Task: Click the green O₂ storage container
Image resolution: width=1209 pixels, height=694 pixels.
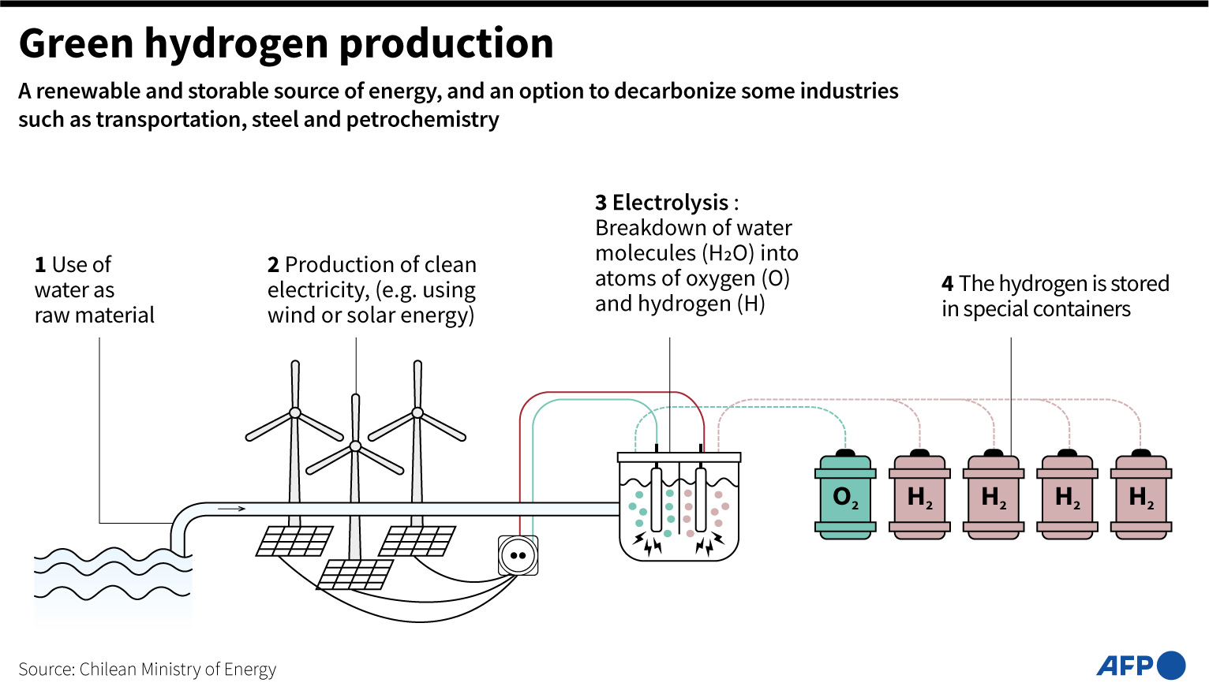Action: click(845, 497)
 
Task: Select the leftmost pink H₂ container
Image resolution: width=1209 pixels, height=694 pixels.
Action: click(919, 497)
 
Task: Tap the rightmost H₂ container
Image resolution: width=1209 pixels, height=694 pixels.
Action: click(1140, 497)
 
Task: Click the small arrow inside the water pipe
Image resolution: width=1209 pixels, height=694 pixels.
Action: click(231, 509)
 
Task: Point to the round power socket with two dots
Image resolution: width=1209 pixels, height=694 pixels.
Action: click(518, 555)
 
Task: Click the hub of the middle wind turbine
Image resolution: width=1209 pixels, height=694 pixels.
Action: click(355, 446)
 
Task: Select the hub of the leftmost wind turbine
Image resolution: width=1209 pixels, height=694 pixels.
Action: click(294, 412)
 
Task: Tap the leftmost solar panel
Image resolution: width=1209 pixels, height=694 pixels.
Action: click(294, 541)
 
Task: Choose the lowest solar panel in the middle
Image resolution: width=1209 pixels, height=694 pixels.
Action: click(354, 575)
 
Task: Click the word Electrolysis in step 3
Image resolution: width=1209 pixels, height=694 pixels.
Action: click(670, 203)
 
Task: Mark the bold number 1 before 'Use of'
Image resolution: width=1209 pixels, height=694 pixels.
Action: click(40, 265)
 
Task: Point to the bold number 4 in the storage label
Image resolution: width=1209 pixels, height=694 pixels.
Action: click(947, 284)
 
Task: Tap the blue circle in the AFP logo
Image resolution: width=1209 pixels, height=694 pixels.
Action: click(1171, 666)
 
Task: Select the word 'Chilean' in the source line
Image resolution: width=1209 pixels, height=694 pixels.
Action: click(108, 670)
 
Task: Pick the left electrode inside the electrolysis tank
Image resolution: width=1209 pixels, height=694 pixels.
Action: click(656, 498)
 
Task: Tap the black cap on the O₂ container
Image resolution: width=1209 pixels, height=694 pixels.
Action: click(845, 453)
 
